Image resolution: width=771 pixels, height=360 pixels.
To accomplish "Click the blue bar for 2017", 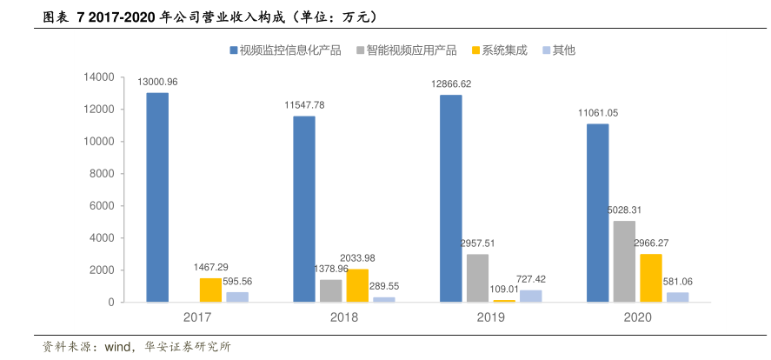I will pyautogui.click(x=157, y=197).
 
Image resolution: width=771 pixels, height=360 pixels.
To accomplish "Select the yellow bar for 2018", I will pyautogui.click(x=357, y=285).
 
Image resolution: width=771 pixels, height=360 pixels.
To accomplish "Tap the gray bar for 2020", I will pyautogui.click(x=624, y=261).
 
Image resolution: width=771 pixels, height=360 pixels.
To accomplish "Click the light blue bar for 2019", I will pyautogui.click(x=530, y=296).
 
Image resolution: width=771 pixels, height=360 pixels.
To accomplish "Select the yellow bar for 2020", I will pyautogui.click(x=651, y=277).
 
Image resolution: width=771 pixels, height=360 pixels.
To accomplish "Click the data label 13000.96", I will pyautogui.click(x=157, y=82).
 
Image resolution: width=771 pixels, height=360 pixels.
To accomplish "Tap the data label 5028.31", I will pyautogui.click(x=625, y=210).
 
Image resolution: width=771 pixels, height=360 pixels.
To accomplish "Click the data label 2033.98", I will pyautogui.click(x=358, y=258).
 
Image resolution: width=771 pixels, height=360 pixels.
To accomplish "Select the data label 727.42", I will pyautogui.click(x=530, y=279).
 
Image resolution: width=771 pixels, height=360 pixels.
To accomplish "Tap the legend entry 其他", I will pyautogui.click(x=563, y=50).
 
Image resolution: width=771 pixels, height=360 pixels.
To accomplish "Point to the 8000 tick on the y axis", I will pyautogui.click(x=103, y=174).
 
